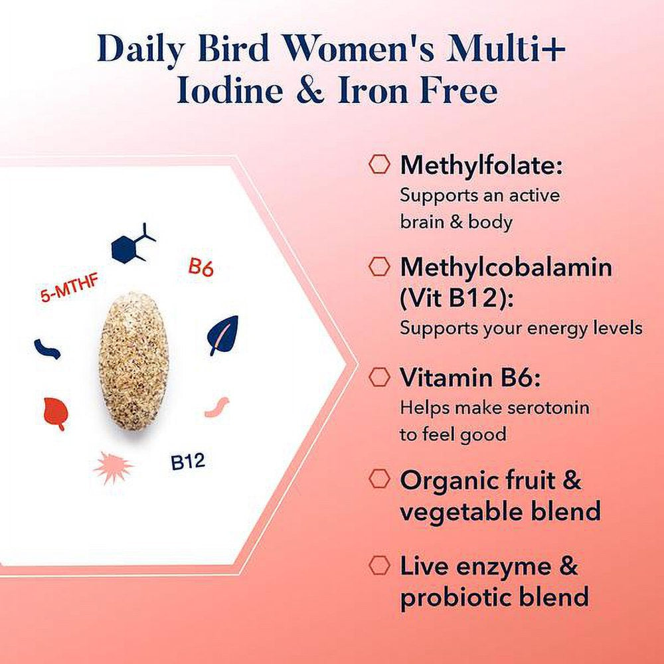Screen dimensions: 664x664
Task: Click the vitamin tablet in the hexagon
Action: click(x=133, y=361)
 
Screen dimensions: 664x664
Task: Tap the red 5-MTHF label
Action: click(x=70, y=288)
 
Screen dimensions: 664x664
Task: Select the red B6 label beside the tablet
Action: click(x=201, y=267)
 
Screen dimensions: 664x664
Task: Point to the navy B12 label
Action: click(x=188, y=461)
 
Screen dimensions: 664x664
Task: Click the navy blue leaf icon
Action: click(x=222, y=335)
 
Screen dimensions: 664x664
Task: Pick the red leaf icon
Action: click(x=56, y=414)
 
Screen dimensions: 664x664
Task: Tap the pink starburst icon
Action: click(x=113, y=467)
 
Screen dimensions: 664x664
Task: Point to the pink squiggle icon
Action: click(x=217, y=407)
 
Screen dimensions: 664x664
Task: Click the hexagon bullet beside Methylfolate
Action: click(x=379, y=164)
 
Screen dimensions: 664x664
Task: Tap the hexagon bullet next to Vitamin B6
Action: click(x=379, y=377)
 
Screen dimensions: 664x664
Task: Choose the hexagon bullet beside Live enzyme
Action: click(x=379, y=566)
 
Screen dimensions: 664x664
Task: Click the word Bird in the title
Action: click(x=233, y=50)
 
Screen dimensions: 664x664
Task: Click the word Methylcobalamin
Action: click(x=506, y=268)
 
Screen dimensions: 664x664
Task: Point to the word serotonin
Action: click(x=548, y=408)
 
